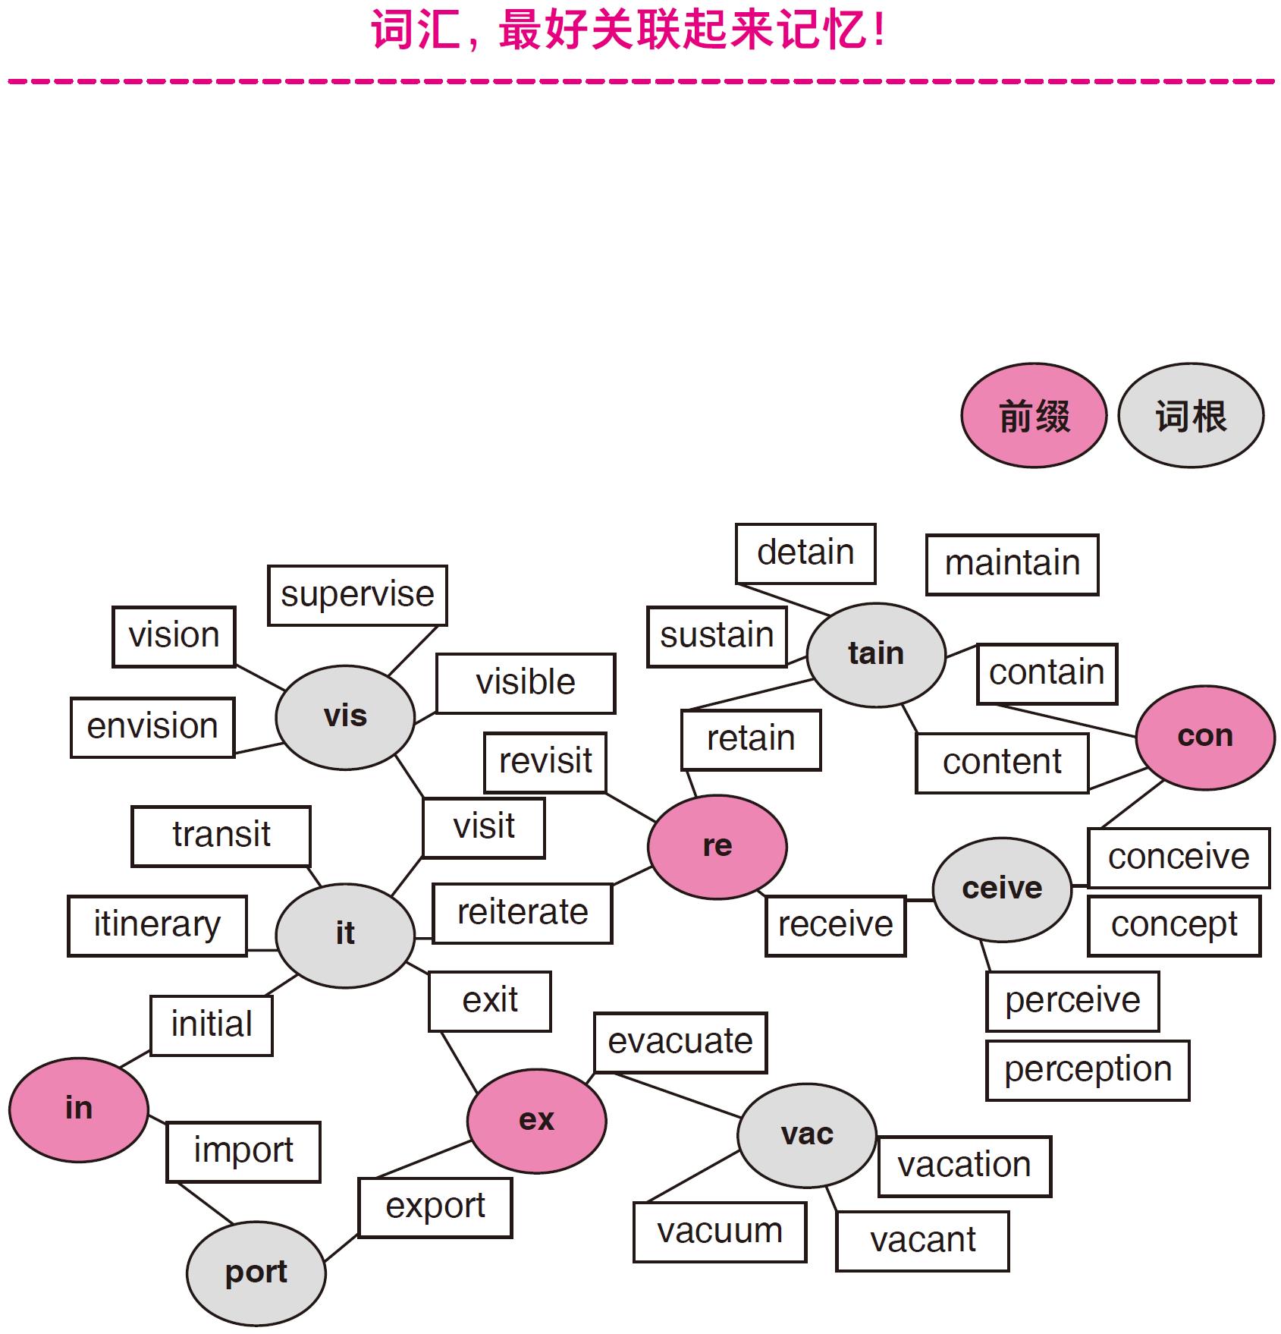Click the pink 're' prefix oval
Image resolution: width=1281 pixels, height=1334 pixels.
[717, 846]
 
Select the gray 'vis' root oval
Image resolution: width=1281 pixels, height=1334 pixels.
[345, 716]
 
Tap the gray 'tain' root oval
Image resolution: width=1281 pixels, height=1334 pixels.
[876, 653]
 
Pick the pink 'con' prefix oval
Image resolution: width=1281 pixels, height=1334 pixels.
[1205, 736]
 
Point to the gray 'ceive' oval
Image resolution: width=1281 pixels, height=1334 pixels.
[1002, 889]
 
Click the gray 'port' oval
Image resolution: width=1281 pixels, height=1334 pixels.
[256, 1272]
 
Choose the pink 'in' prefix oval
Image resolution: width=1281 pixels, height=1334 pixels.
[79, 1109]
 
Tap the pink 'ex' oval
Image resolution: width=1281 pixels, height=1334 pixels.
[536, 1120]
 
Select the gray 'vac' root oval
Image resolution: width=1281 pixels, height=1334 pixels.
[807, 1134]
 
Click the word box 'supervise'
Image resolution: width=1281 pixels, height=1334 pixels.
[357, 595]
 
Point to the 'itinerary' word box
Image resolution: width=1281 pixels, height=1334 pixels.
[157, 925]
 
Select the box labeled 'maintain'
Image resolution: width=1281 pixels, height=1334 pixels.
[1012, 564]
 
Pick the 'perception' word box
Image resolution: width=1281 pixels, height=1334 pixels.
[1088, 1070]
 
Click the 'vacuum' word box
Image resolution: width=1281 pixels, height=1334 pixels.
[720, 1232]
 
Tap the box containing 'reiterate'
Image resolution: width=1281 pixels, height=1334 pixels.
[523, 913]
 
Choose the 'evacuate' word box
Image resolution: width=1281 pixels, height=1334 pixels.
[680, 1042]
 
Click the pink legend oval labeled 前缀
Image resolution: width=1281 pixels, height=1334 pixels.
[1034, 415]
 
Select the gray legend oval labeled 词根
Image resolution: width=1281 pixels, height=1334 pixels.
[1191, 415]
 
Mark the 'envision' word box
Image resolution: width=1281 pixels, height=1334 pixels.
[152, 727]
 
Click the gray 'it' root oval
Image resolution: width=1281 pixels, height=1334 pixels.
[345, 934]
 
